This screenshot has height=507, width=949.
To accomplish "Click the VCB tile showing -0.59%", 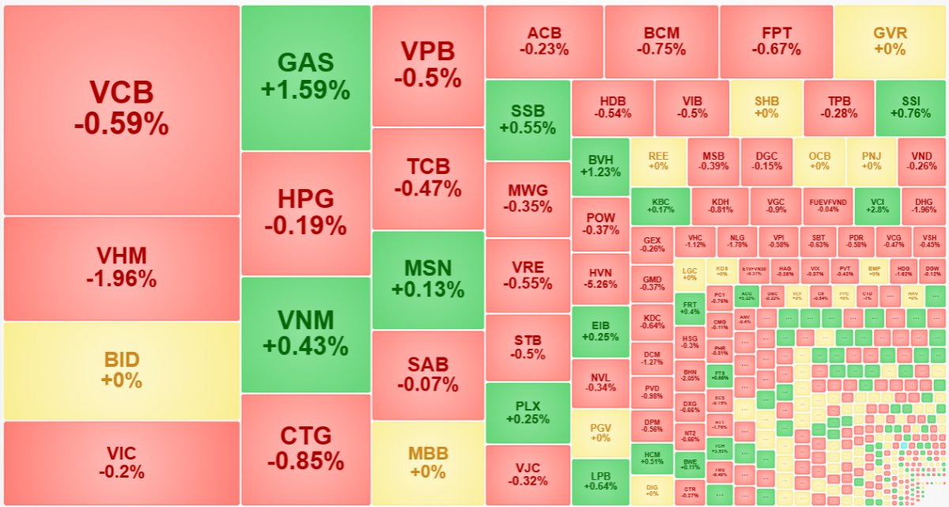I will click(121, 109).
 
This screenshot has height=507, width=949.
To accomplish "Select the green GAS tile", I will click(305, 77).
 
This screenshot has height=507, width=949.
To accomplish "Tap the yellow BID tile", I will click(121, 370).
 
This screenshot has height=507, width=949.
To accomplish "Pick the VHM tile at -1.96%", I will click(121, 268).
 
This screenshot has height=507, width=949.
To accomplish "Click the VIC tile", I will click(121, 463).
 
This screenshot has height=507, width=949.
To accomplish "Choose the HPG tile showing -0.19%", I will click(305, 213).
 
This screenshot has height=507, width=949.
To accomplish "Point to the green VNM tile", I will click(305, 334).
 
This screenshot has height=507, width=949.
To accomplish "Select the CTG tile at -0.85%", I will click(305, 448).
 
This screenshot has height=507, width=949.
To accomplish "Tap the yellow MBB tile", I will click(427, 463).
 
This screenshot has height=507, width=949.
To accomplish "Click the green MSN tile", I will click(427, 279).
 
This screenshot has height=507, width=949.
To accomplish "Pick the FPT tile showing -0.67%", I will click(776, 41).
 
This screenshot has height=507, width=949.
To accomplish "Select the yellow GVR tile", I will click(890, 41).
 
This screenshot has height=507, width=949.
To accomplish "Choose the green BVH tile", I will click(600, 166).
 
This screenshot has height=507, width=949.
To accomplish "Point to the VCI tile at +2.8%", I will click(875, 206).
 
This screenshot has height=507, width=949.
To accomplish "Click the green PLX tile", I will click(527, 412).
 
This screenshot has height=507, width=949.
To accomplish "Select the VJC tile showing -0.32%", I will click(527, 475).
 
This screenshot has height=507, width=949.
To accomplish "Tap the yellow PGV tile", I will click(600, 432).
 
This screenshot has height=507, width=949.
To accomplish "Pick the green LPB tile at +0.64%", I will click(600, 481).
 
